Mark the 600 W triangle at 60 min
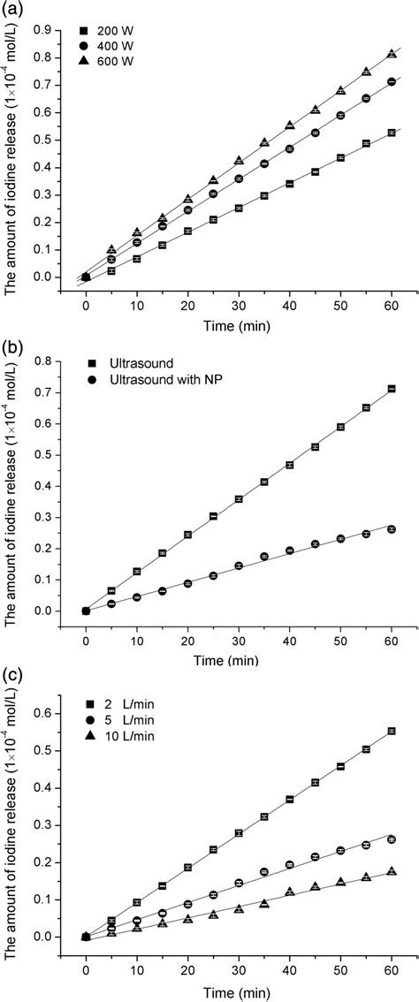(392, 54)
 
